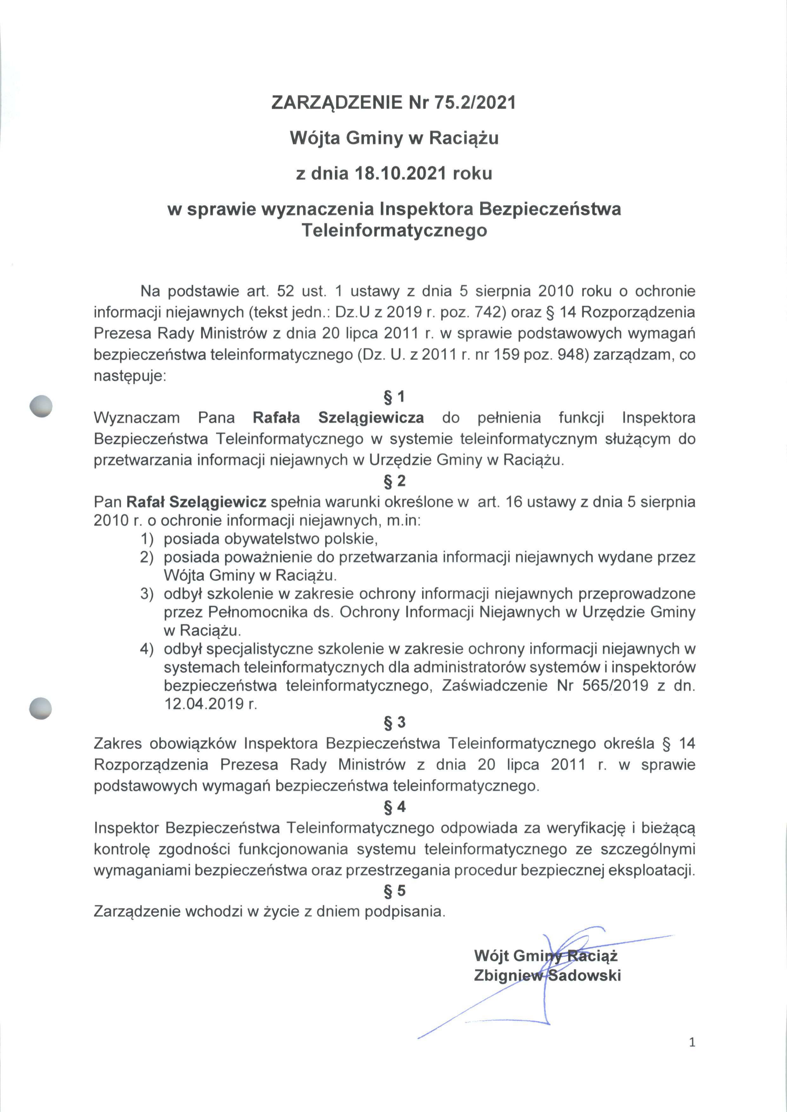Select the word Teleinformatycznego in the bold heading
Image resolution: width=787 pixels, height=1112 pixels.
(394, 230)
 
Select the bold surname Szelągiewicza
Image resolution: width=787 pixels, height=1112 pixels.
(371, 418)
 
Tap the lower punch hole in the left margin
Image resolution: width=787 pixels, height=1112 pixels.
(41, 708)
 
